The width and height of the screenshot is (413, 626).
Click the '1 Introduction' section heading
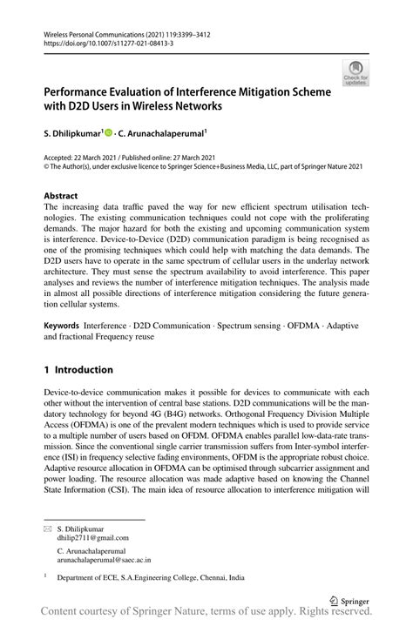click(78, 369)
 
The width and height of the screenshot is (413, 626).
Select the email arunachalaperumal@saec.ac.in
click(104, 562)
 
